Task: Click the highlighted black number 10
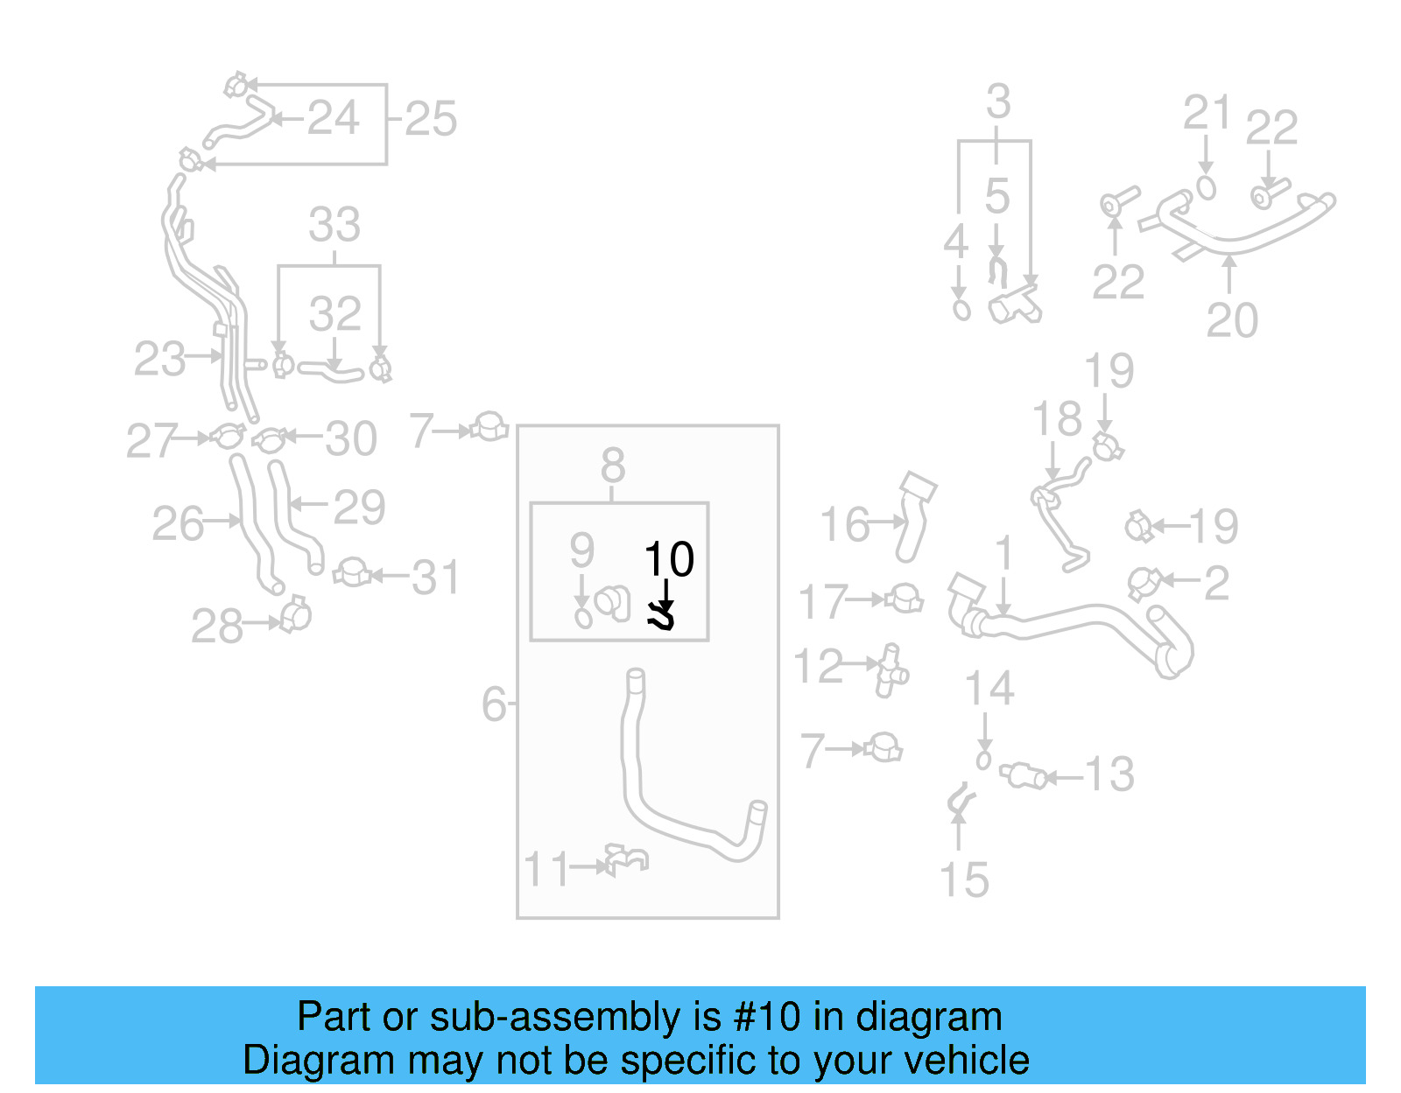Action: tap(669, 559)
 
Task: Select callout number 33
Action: tap(334, 225)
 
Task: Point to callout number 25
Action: tap(431, 119)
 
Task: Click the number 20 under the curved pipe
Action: tap(1232, 320)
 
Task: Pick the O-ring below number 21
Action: tap(1207, 188)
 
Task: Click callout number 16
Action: tap(845, 524)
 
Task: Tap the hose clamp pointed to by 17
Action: tap(905, 600)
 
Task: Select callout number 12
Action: tap(818, 666)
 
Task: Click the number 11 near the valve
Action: tap(546, 870)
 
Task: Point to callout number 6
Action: tap(494, 704)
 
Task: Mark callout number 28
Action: tap(217, 627)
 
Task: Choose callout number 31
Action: tap(436, 578)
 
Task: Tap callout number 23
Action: tap(159, 359)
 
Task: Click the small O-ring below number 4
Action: tap(961, 310)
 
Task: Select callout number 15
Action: tap(964, 879)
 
